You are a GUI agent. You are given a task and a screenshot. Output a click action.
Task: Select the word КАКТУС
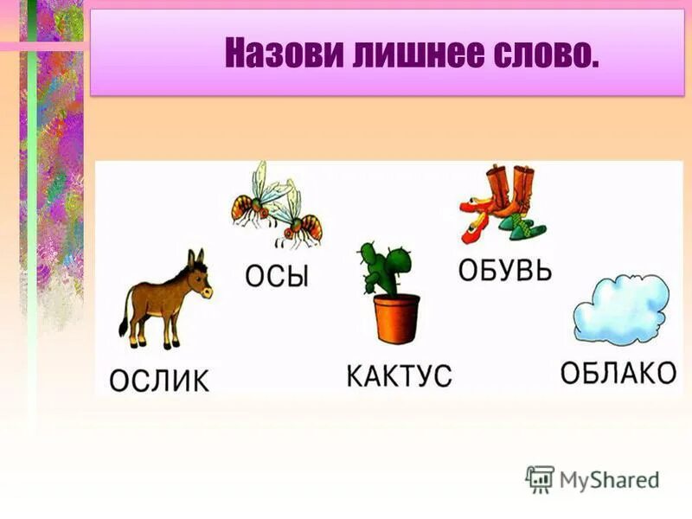(x=399, y=376)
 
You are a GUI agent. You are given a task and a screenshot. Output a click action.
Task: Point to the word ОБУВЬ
(x=504, y=269)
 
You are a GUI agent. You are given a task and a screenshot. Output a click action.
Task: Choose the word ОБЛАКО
(x=618, y=374)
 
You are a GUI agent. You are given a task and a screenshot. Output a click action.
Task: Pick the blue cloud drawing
(x=621, y=311)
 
